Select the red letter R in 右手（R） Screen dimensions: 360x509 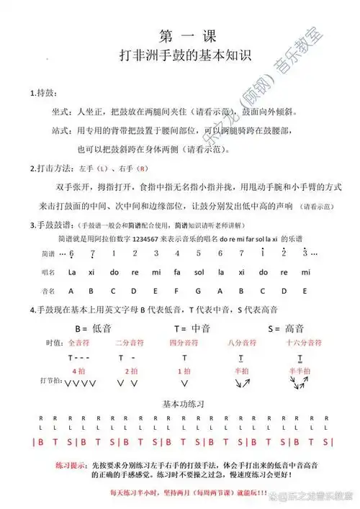coord(143,168)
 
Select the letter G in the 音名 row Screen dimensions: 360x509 coord(202,292)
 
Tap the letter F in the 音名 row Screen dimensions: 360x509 coord(180,292)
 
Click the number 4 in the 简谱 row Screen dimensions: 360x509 coord(180,253)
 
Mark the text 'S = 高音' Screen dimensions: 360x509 coord(283,328)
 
